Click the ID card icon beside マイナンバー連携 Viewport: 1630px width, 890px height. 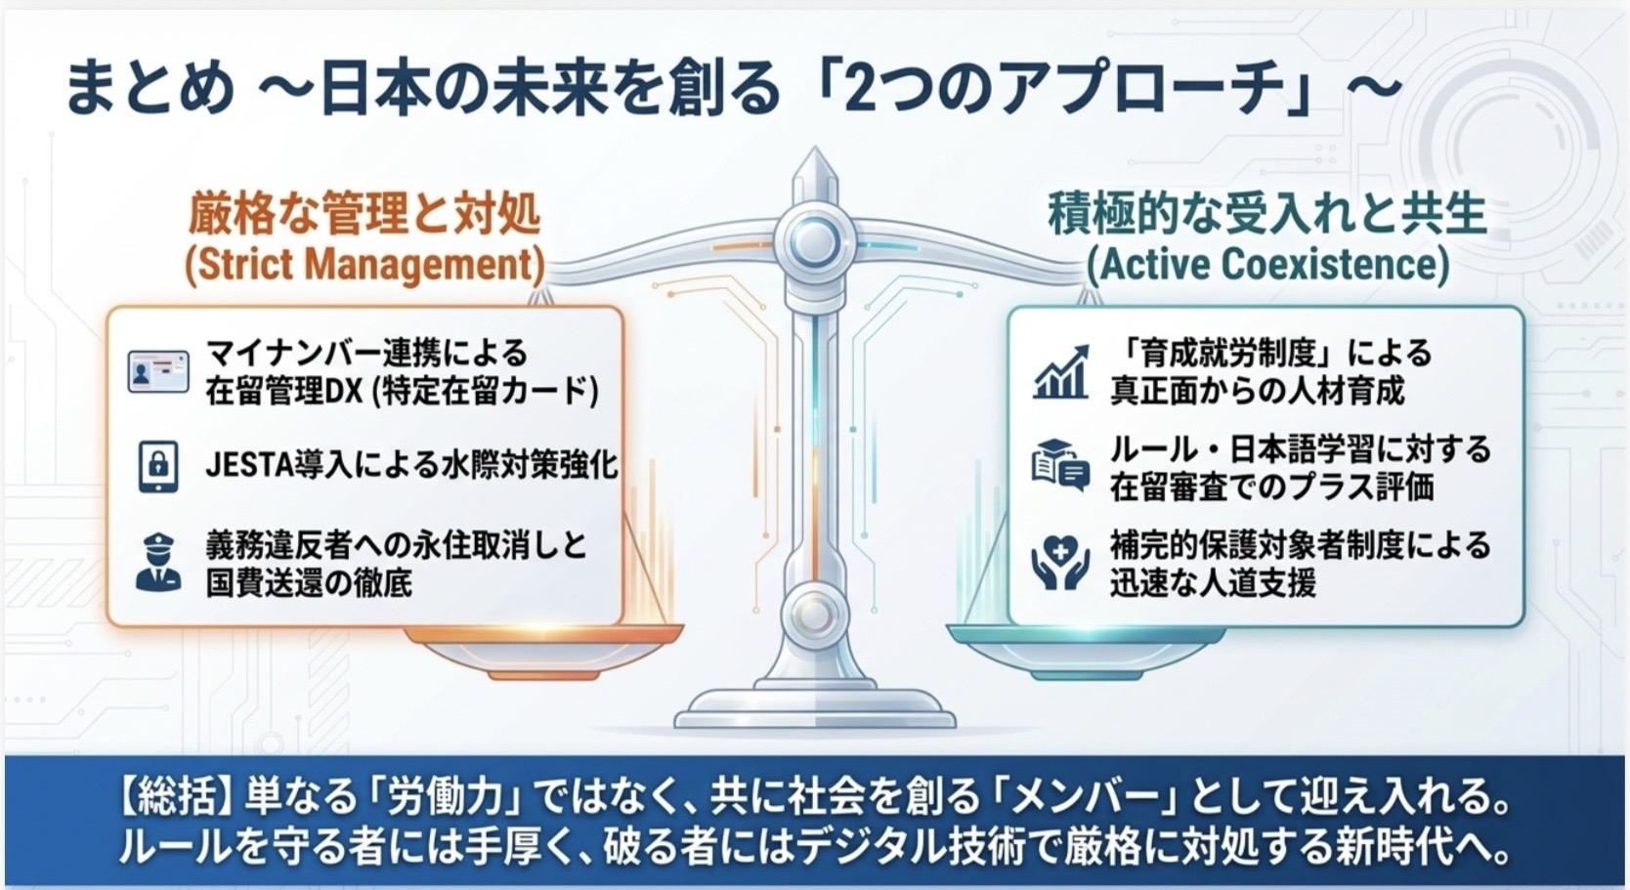pos(158,372)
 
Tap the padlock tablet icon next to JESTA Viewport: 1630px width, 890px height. pos(158,466)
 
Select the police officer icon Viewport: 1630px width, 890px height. pos(158,562)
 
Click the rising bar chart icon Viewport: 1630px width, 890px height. pos(1061,372)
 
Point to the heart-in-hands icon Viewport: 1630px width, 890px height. pos(1060,562)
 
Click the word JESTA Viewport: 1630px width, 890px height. pos(249,466)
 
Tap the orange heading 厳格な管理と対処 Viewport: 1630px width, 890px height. pos(365,214)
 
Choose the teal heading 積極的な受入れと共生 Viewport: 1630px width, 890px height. pos(1266,214)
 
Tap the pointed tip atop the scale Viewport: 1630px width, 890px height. pos(815,148)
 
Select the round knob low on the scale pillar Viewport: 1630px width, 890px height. pos(814,615)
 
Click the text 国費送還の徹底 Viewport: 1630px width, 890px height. pos(309,583)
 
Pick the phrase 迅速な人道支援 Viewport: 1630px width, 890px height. pos(1213,583)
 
